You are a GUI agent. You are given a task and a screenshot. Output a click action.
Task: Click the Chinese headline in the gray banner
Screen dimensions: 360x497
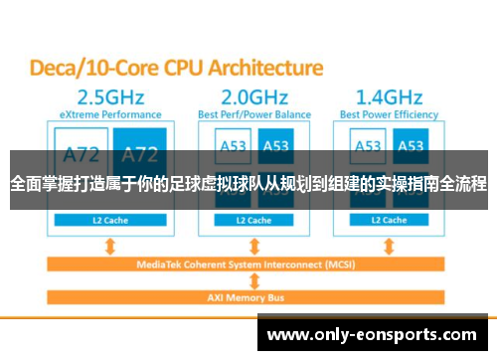pos(248,184)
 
